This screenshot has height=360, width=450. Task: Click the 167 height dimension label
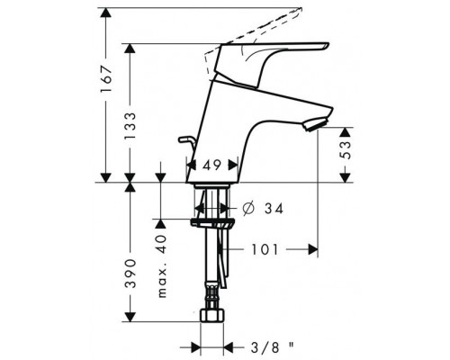(x=107, y=79)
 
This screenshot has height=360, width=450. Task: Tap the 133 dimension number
(x=130, y=126)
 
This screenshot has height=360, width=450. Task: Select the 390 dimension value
(x=130, y=274)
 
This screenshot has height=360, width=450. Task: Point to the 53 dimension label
(x=346, y=150)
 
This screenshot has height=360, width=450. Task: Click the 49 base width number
(x=211, y=165)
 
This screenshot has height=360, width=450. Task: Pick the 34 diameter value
(x=274, y=209)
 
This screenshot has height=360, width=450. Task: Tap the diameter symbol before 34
(x=248, y=209)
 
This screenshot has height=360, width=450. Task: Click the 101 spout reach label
(x=265, y=249)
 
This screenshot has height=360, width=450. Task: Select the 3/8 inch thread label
(x=272, y=347)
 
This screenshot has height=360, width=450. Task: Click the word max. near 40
(x=162, y=282)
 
